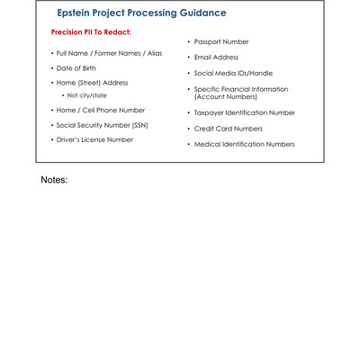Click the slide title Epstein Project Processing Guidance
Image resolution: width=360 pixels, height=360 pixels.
coord(141,13)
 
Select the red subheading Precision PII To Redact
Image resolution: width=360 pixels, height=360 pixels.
coord(91,32)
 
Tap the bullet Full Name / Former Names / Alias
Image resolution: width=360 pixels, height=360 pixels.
coord(109,53)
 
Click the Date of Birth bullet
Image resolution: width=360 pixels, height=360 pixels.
coord(76,68)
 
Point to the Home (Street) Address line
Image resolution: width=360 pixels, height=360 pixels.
coord(92,83)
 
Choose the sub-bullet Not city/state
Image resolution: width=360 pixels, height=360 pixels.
coord(86,95)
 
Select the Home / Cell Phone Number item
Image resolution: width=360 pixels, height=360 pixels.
coord(100,110)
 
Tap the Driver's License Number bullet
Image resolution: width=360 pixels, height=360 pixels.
coord(94,139)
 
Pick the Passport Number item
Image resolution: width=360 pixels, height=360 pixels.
coord(221,42)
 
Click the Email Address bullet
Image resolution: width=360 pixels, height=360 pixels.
coord(216,58)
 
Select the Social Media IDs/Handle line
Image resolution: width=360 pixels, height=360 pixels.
coord(233,73)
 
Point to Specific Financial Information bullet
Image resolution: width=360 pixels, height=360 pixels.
coord(241,89)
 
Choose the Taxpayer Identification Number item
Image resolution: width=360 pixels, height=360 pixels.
coord(245,112)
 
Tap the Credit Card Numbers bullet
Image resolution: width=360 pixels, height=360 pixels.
coord(229,129)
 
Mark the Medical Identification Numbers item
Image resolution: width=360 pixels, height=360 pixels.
coord(244,144)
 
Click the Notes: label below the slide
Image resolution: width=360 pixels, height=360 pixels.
coord(54,180)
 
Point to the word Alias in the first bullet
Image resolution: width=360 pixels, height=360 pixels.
coord(153,53)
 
